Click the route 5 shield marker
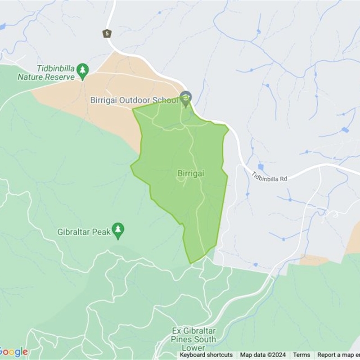(107, 33)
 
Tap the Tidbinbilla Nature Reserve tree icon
(82, 70)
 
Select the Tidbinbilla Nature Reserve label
(46, 73)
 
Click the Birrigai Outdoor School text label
(134, 100)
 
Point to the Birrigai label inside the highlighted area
(191, 173)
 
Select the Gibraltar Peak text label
(84, 232)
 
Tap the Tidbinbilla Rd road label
(269, 175)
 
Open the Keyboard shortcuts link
(206, 355)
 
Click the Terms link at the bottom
(301, 355)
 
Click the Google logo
(13, 352)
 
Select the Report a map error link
(338, 355)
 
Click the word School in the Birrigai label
(166, 100)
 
